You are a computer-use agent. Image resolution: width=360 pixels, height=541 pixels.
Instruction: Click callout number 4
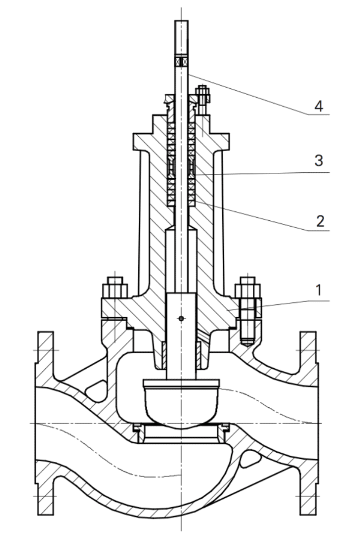[x=319, y=106]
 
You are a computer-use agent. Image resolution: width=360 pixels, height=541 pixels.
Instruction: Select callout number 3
[x=318, y=161]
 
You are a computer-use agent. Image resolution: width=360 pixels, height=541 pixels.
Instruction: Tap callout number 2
[x=320, y=221]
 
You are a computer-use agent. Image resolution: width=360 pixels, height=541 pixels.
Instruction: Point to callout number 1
[x=318, y=291]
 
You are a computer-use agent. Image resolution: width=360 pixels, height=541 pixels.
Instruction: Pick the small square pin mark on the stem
[x=182, y=318]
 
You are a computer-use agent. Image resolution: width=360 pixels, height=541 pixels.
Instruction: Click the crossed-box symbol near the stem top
[x=182, y=62]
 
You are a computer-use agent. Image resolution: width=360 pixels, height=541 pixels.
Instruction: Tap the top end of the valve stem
[x=182, y=21]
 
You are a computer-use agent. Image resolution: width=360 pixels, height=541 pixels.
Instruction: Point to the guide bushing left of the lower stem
[x=164, y=354]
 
